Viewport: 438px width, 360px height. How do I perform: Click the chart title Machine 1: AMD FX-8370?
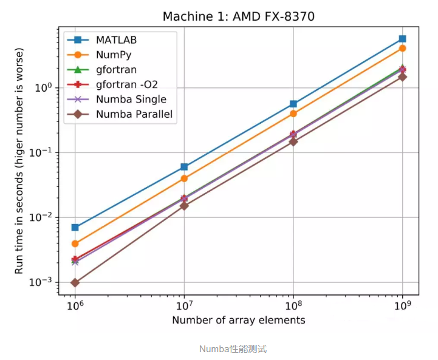(238, 16)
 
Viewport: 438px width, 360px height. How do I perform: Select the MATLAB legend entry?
(115, 40)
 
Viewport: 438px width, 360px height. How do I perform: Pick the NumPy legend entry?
(113, 55)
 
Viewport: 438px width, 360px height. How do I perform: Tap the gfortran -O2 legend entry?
(126, 84)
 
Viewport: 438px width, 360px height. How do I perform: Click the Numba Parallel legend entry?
(134, 114)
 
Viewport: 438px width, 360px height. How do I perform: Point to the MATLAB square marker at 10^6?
(75, 227)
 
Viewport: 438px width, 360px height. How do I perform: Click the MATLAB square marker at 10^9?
(402, 39)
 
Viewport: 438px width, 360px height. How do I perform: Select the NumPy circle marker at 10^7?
(184, 178)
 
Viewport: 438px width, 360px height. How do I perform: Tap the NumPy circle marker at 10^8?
(293, 114)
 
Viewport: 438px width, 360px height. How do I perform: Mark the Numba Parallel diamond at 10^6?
(75, 283)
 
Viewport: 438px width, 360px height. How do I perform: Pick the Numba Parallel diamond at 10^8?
(293, 141)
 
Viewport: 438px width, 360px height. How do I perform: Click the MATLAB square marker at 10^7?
(184, 166)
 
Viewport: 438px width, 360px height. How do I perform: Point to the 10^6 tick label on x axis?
(75, 306)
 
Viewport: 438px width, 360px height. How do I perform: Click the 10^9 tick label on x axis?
(402, 306)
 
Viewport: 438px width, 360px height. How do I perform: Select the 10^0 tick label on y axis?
(44, 88)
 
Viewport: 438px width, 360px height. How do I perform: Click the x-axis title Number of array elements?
(238, 320)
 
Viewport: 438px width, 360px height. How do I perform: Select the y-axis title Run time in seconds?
(19, 161)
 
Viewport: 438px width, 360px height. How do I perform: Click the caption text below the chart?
(233, 349)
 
